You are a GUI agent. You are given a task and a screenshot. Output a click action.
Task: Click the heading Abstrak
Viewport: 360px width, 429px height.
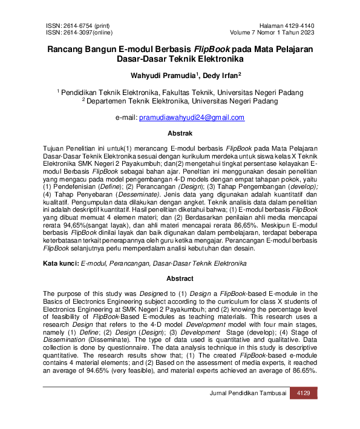coord(180,133)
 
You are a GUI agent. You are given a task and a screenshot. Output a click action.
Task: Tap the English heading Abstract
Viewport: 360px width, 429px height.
coord(180,279)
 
